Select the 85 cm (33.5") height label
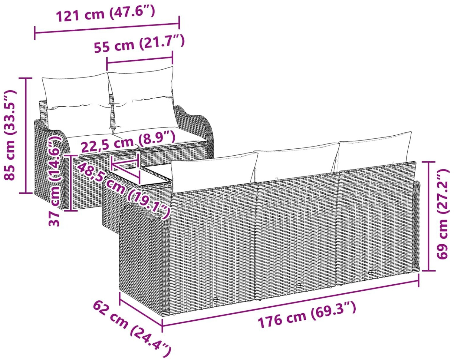pyautogui.click(x=10, y=135)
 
